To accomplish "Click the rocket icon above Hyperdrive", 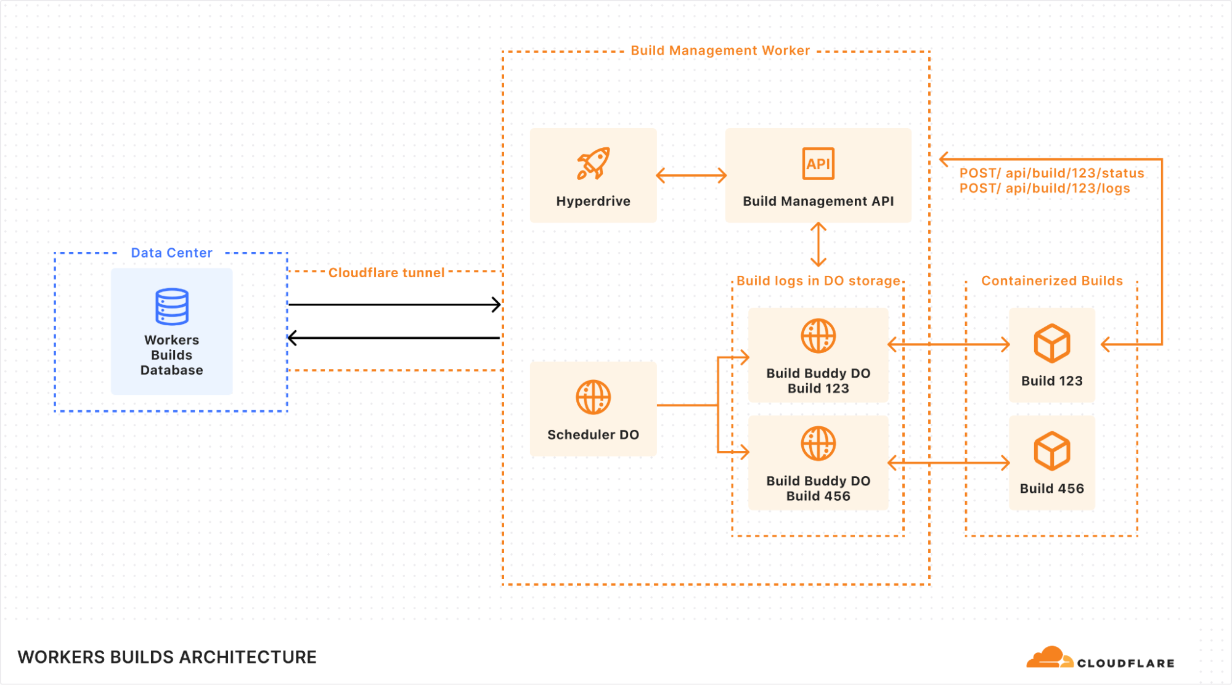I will click(593, 163).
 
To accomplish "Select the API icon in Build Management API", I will click(818, 164).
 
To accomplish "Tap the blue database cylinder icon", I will click(172, 306).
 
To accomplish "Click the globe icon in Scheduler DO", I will click(593, 397).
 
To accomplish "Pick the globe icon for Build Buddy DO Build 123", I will click(818, 336).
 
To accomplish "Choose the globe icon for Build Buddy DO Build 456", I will click(818, 444).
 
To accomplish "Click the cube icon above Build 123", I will click(1051, 343).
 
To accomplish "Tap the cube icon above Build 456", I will click(1051, 451).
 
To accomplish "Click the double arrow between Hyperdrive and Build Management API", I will click(691, 176).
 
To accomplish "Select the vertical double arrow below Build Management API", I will click(818, 245).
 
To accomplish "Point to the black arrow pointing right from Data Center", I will click(394, 304).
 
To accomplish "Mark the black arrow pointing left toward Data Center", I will click(394, 338).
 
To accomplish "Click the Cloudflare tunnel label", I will click(386, 272).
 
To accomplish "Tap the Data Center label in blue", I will click(171, 253).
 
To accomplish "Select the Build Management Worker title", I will click(720, 51).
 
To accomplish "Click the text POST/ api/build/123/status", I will click(1051, 173).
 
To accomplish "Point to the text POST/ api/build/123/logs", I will click(1045, 188).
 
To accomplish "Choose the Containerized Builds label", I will click(1051, 281).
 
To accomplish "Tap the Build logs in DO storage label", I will click(818, 281).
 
